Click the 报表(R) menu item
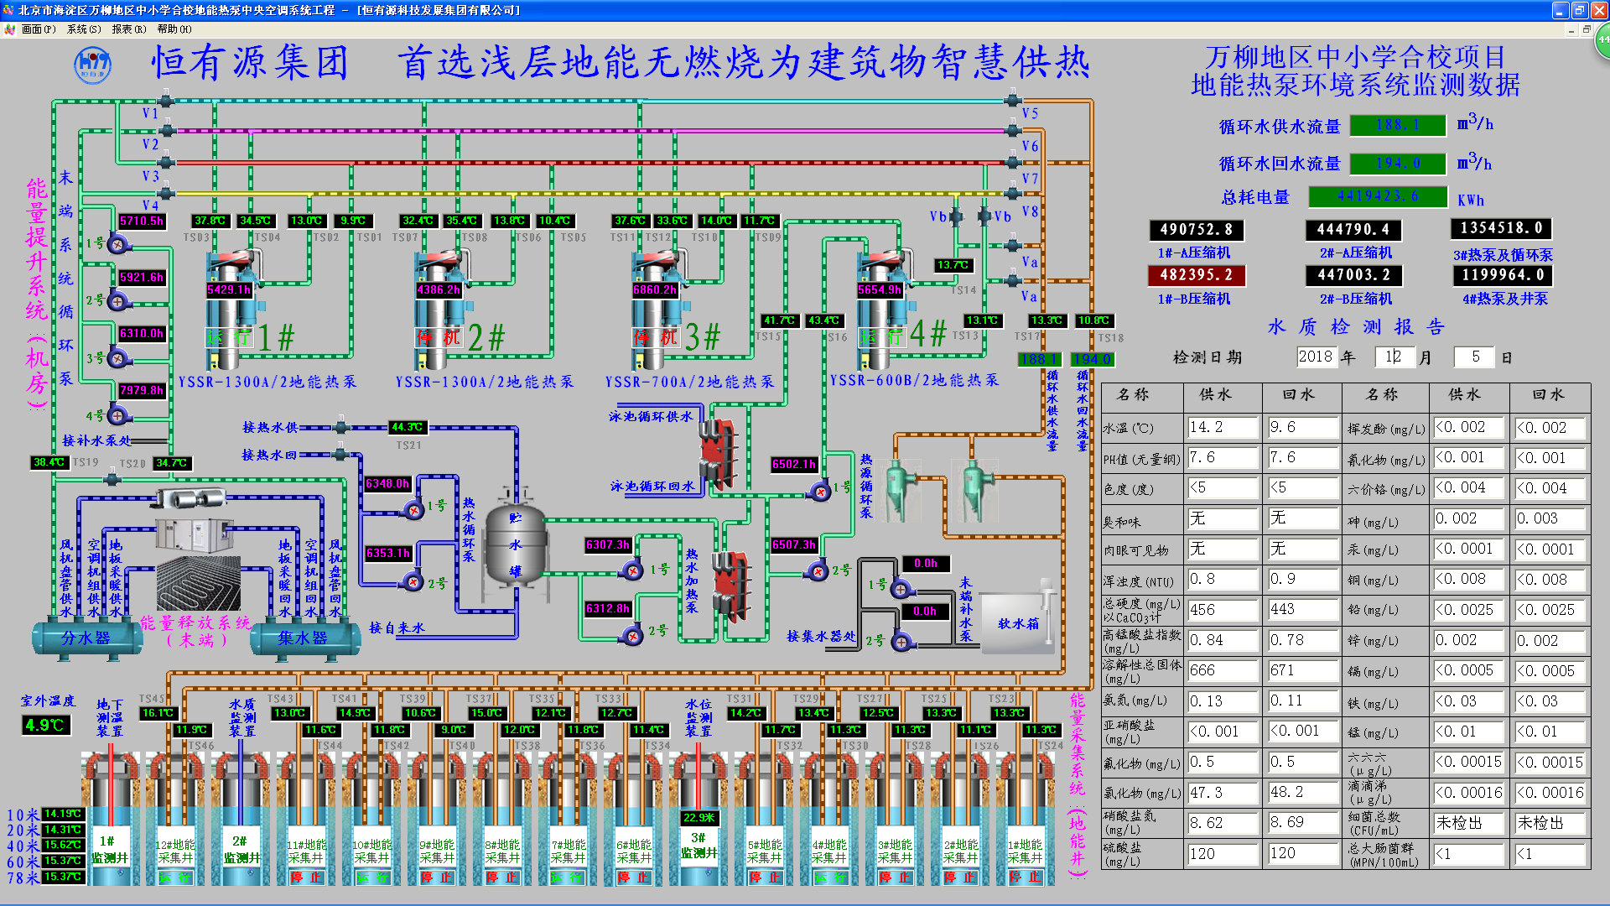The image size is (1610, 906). coord(128,29)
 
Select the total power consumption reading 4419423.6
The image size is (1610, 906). coord(1378,196)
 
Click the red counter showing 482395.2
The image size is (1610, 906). coord(1196,275)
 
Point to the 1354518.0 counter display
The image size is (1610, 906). coord(1501,228)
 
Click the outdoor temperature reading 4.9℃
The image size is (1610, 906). coord(45,725)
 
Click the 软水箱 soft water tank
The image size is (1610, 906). coord(1017,623)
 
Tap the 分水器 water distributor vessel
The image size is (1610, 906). coord(86,638)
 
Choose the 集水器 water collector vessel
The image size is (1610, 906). coord(303,638)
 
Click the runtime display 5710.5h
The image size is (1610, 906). coord(142,221)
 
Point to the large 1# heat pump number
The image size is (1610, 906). coord(276,338)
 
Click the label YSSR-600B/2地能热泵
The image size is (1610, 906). coord(914,380)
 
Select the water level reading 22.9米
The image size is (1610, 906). coord(699,818)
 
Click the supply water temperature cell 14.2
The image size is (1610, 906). coord(1222,427)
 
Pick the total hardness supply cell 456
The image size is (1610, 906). coord(1222,610)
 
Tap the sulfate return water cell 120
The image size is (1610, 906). coord(1302,853)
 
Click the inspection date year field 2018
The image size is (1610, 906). coord(1315,357)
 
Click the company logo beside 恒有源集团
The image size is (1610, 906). coord(93,65)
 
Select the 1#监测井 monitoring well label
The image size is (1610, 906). coord(110,849)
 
